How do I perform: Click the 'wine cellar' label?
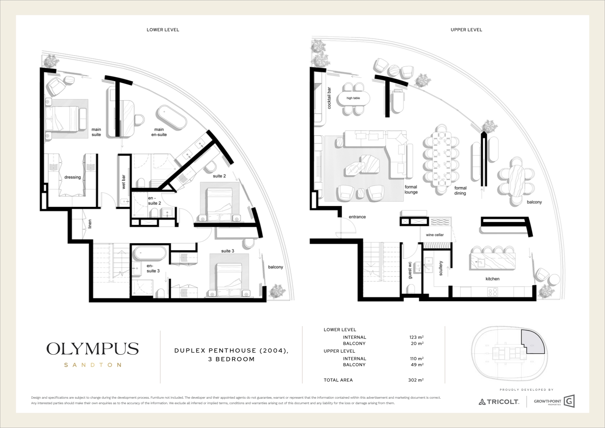[435, 235]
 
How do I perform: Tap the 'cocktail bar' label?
[329, 98]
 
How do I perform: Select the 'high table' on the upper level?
[353, 98]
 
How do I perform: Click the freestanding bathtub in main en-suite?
[171, 118]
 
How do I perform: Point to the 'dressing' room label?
[72, 177]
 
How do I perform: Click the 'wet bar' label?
[123, 182]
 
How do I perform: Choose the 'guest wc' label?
[410, 270]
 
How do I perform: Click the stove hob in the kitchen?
[492, 292]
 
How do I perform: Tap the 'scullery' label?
[441, 268]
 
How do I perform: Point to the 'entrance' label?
[357, 217]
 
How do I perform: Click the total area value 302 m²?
[416, 380]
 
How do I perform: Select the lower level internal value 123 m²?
[416, 337]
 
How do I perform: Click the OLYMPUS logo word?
[92, 349]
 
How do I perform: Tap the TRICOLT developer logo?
[499, 402]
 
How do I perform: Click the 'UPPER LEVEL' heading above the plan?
[466, 30]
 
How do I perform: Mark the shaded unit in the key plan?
[533, 342]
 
